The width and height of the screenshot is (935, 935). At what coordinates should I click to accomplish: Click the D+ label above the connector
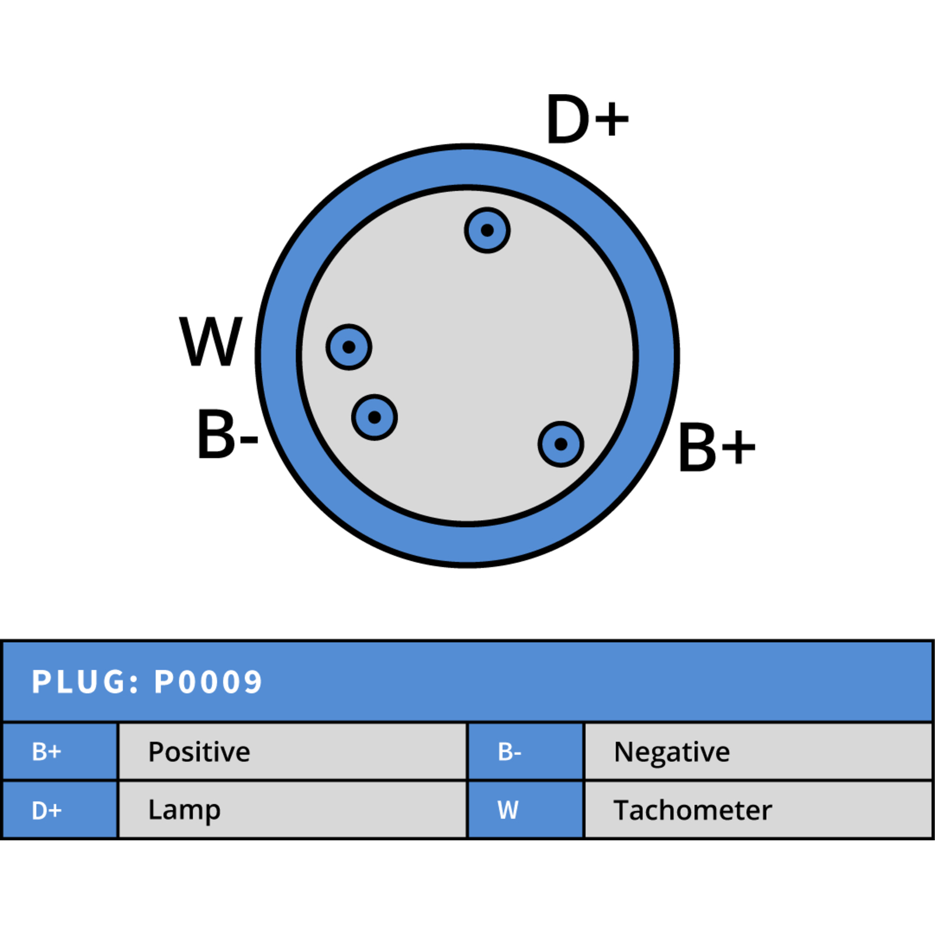(x=588, y=119)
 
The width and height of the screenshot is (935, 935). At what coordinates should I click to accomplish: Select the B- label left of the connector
(x=228, y=434)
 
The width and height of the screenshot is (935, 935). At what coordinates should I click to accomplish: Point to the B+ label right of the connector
(x=717, y=447)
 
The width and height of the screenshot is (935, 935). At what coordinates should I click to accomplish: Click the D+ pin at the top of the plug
(x=487, y=230)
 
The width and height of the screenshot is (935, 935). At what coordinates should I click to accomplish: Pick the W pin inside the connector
(x=349, y=347)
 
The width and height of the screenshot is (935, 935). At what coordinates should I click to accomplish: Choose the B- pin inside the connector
(x=375, y=417)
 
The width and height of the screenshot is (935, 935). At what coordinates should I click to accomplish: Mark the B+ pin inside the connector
(x=561, y=444)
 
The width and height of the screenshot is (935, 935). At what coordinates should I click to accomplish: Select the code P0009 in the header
(x=208, y=682)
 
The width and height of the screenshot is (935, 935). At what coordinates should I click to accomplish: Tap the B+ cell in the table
(x=60, y=752)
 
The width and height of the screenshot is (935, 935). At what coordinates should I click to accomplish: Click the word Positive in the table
(x=199, y=752)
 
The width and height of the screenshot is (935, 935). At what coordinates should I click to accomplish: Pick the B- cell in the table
(x=526, y=752)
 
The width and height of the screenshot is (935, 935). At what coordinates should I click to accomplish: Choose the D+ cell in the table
(x=60, y=810)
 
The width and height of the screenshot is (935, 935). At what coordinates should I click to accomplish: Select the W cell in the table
(x=526, y=810)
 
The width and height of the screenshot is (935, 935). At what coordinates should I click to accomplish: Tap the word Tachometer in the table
(x=693, y=810)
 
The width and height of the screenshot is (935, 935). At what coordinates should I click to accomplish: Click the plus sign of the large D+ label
(x=611, y=119)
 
